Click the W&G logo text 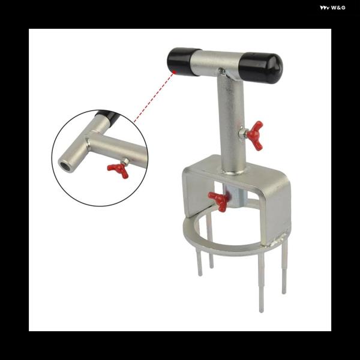pos(332,8)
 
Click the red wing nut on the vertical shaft pos(256,136)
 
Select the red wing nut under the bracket pos(218,201)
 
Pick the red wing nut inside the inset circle pos(118,170)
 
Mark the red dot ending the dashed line pos(175,72)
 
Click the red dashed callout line pos(154,97)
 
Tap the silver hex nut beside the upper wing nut pos(242,133)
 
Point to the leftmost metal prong pos(199,262)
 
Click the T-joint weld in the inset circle pos(89,142)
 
